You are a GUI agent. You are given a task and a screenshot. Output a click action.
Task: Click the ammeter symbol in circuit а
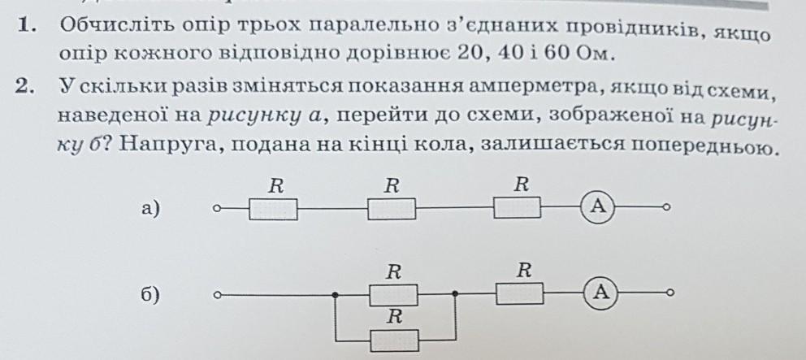(x=598, y=206)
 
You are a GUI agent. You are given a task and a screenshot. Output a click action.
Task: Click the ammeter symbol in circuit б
(x=601, y=293)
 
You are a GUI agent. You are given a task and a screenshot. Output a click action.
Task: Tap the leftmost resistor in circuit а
(x=273, y=210)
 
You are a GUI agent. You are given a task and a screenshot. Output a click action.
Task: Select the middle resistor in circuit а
(x=392, y=209)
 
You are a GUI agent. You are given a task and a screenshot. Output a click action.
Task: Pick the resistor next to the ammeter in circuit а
(x=517, y=207)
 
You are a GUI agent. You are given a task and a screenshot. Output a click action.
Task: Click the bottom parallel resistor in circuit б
(x=394, y=340)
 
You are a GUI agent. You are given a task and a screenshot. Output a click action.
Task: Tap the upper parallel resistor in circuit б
(x=394, y=295)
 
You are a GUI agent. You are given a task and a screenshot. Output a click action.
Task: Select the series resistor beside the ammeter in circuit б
(x=520, y=293)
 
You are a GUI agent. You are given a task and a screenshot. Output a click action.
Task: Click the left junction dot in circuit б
(x=335, y=295)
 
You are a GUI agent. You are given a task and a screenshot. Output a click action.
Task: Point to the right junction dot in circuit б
(x=455, y=294)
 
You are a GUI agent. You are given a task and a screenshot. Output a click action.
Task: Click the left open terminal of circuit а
(x=217, y=209)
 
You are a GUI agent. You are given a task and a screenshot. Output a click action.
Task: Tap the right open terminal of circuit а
(x=666, y=207)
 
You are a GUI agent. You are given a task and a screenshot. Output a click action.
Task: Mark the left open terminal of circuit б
(x=218, y=295)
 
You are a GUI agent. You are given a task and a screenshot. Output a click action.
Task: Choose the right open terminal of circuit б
(x=669, y=293)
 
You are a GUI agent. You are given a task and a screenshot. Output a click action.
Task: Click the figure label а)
(x=150, y=209)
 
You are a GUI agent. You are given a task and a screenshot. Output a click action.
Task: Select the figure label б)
(x=149, y=295)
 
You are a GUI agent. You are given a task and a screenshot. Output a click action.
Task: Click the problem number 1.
(x=25, y=24)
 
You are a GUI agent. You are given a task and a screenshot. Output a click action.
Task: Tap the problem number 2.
(x=24, y=86)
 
